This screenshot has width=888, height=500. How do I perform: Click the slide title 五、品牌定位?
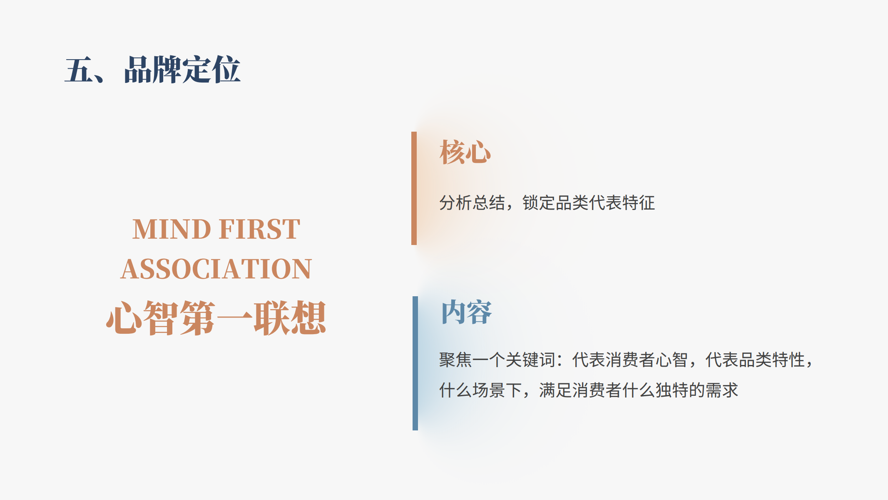click(153, 70)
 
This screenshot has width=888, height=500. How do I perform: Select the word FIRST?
click(259, 229)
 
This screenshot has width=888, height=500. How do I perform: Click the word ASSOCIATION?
click(216, 269)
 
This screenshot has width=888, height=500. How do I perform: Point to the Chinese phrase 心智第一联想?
click(216, 318)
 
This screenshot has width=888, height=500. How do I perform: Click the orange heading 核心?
click(465, 152)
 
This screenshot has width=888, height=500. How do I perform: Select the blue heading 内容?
click(466, 312)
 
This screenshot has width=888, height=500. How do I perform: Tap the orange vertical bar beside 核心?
click(414, 188)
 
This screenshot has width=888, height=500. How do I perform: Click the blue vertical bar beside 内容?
click(415, 363)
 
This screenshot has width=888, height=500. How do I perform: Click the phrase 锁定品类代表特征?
click(589, 203)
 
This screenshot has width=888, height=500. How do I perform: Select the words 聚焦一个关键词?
click(497, 360)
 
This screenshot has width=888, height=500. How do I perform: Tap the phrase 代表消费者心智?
click(630, 360)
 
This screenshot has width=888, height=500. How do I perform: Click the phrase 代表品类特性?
click(755, 360)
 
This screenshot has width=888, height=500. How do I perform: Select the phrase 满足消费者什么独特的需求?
click(639, 390)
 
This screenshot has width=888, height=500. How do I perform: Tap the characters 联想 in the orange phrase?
click(290, 318)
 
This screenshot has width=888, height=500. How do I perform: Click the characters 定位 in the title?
click(211, 70)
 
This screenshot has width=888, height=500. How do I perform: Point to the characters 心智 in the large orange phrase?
click(142, 318)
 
